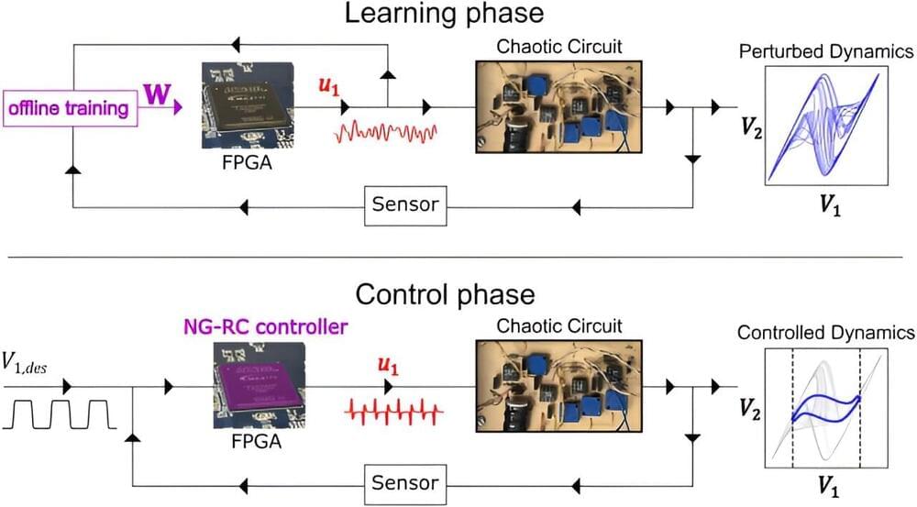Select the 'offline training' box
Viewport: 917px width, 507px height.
click(69, 108)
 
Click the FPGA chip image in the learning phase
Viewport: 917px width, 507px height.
click(243, 105)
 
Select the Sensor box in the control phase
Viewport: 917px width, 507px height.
click(406, 482)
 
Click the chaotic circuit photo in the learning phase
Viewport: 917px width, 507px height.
click(558, 106)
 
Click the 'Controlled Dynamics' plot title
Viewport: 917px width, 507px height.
click(825, 332)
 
